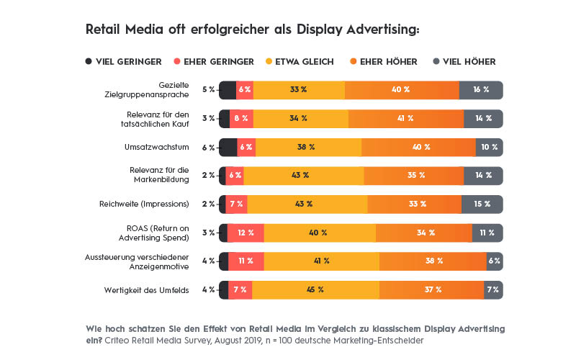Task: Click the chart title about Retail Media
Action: pos(252,30)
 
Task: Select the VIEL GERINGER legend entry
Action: pos(123,62)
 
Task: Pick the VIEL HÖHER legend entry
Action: pos(465,62)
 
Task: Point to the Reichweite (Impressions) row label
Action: pos(144,204)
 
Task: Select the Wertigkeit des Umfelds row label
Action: pos(148,289)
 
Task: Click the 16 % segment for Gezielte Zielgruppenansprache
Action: pos(481,90)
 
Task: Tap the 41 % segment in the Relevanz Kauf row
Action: pos(406,118)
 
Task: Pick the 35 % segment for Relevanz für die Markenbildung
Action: pos(413,175)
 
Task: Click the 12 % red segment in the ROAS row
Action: pos(246,233)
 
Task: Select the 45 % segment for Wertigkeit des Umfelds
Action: pos(315,289)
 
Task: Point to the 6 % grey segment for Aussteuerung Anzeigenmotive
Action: pos(495,261)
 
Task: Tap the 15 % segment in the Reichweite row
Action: pos(482,204)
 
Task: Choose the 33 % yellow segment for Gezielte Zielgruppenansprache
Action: pos(299,90)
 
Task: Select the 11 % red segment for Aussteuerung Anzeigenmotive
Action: pos(246,261)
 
